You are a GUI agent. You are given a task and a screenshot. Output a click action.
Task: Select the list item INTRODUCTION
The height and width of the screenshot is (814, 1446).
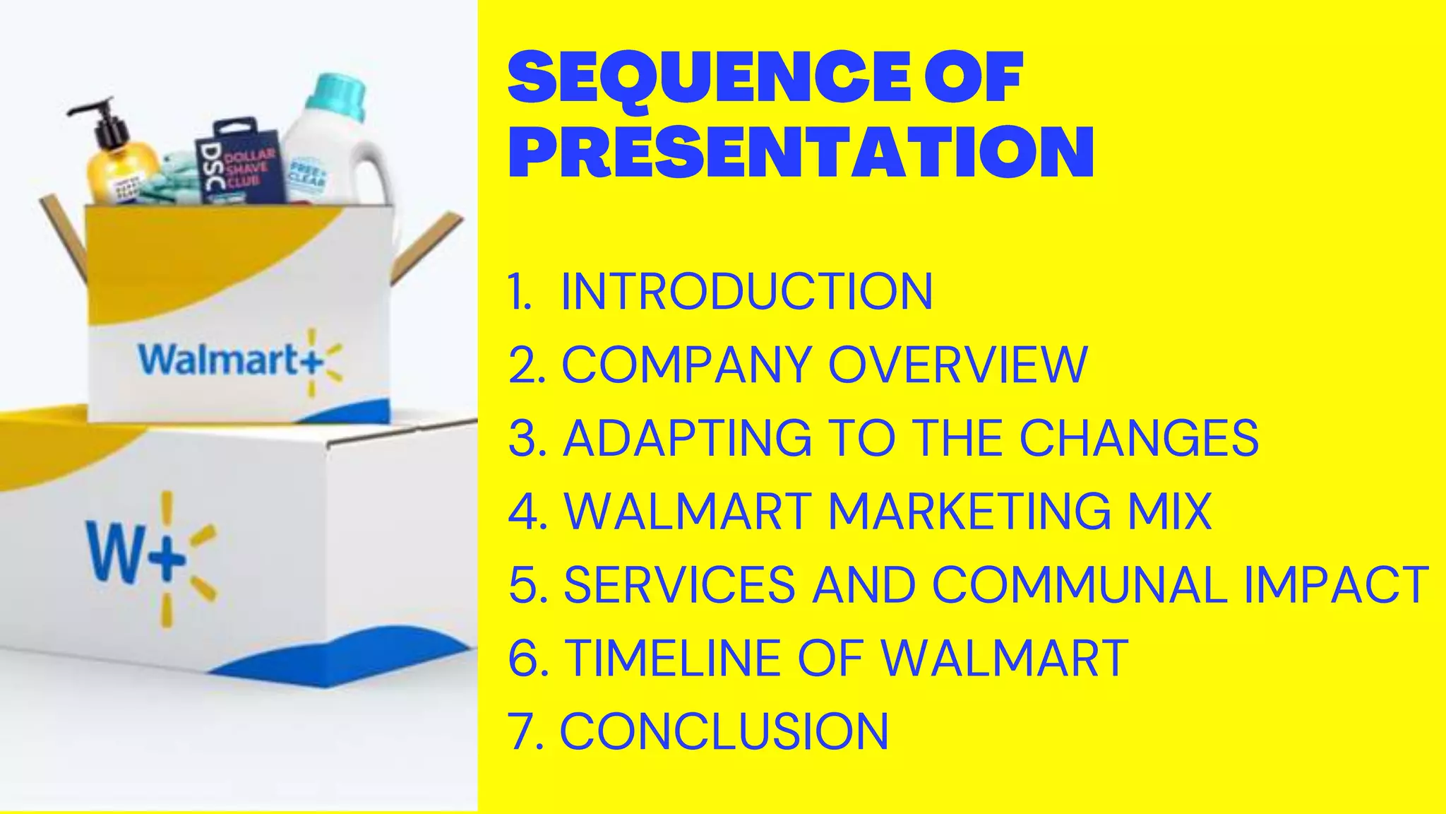click(x=746, y=291)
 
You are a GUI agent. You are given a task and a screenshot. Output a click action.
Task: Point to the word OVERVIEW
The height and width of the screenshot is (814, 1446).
click(x=957, y=365)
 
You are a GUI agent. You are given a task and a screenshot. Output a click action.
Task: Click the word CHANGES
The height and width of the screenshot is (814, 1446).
click(x=1138, y=438)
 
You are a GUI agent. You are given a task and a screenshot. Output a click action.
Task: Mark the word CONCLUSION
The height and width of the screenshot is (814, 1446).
click(x=724, y=731)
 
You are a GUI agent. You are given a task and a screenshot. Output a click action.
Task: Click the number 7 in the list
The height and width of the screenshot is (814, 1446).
click(x=521, y=731)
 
